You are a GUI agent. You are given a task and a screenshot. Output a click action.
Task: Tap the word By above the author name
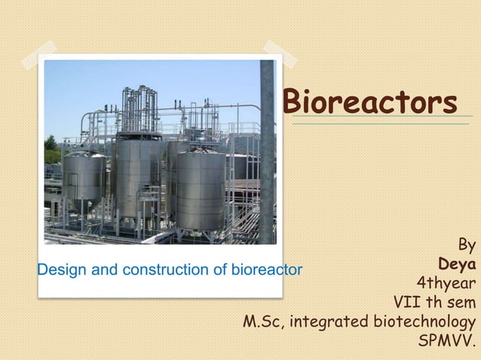point(467,246)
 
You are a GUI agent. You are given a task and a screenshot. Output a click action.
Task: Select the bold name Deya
point(457,264)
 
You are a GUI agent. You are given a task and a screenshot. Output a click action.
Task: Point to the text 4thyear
point(446,284)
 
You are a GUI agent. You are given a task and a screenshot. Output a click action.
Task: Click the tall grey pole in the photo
point(267,151)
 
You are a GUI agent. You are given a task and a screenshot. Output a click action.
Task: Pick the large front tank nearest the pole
point(201,188)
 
